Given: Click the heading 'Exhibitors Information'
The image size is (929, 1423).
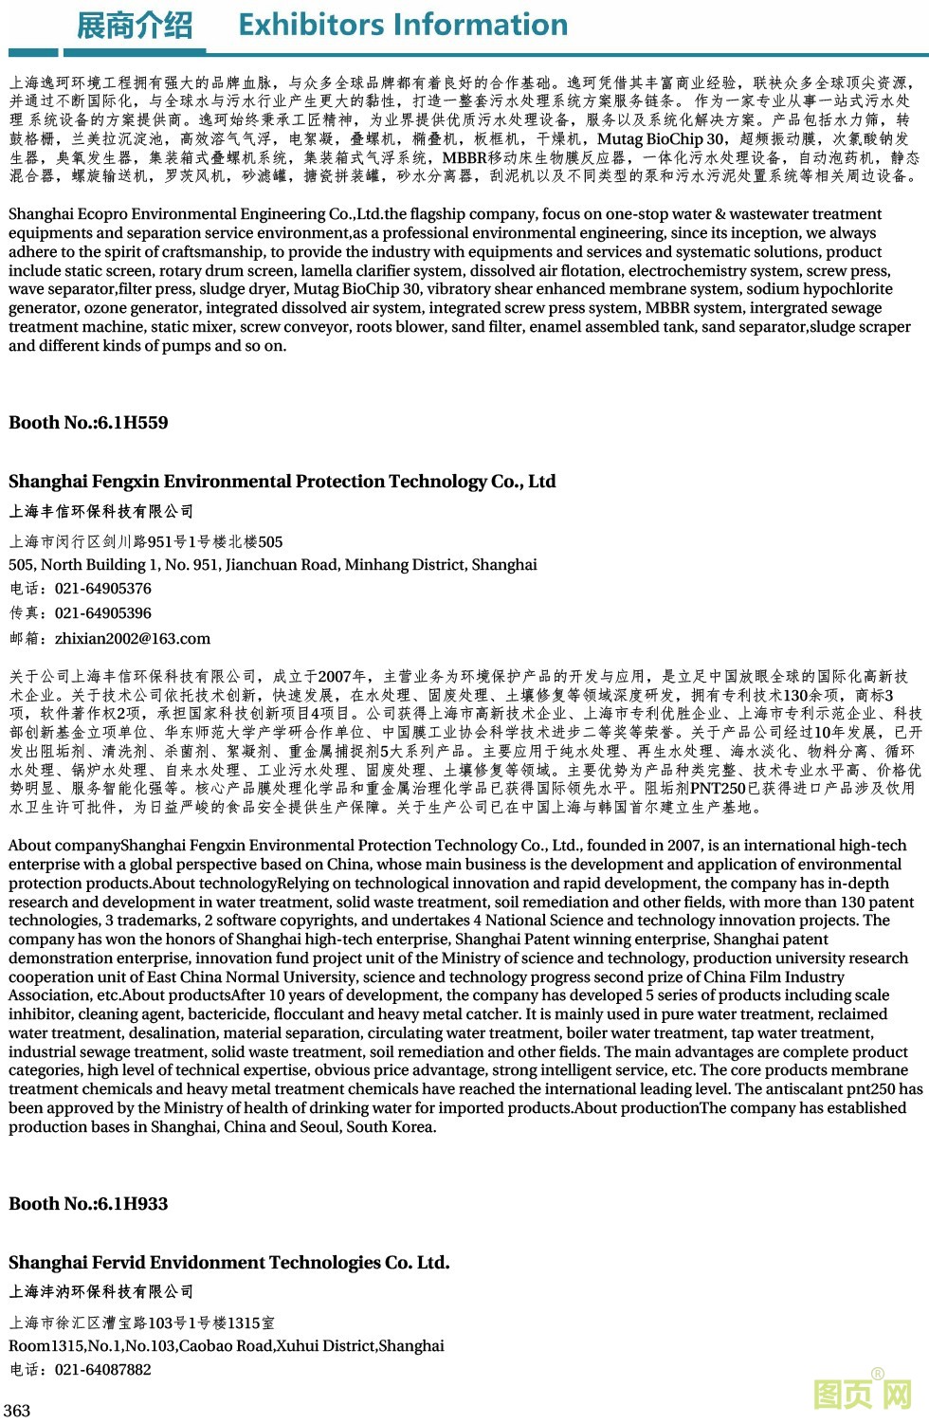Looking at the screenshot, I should [403, 25].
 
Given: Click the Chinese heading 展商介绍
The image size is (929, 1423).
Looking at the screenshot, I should [134, 26].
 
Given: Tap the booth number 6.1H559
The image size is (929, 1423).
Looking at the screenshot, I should [128, 423].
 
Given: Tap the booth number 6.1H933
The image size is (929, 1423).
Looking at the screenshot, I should [128, 1204].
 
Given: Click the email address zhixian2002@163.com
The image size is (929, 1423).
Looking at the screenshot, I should [133, 639].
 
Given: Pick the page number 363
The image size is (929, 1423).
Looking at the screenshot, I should [17, 1411].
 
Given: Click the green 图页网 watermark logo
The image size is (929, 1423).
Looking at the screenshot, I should [862, 1393].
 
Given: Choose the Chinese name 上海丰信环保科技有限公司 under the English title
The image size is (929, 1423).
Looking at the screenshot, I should [101, 512].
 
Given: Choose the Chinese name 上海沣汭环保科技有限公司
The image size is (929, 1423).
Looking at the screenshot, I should [101, 1292].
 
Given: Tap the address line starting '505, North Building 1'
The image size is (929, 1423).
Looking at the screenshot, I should [272, 565].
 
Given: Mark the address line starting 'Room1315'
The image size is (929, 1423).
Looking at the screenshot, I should [226, 1346].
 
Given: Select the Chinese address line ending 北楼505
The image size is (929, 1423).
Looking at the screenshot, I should [146, 542].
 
